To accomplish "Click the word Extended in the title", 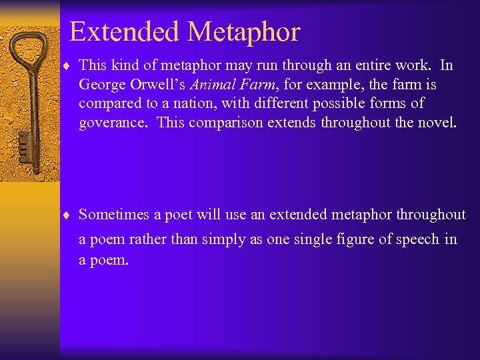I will (124, 31).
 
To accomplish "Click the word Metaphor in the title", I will (243, 31).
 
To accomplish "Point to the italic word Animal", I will (211, 85).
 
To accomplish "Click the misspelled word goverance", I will (114, 123).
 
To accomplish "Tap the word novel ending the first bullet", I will (438, 123).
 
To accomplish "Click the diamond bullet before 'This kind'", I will (69, 65).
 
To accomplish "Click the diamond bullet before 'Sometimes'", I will (69, 215).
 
